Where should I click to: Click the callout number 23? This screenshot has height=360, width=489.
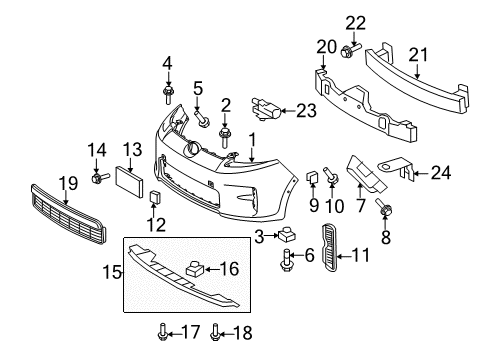306,111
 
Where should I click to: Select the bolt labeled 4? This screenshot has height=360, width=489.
168,94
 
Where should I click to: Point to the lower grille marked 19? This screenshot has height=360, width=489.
68,215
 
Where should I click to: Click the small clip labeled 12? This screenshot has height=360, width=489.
155,197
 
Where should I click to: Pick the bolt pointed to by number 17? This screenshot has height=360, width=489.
162,332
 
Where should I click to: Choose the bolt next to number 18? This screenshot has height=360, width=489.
215,332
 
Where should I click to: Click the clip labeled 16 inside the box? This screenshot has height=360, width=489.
195,269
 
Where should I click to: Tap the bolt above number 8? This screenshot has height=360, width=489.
384,206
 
